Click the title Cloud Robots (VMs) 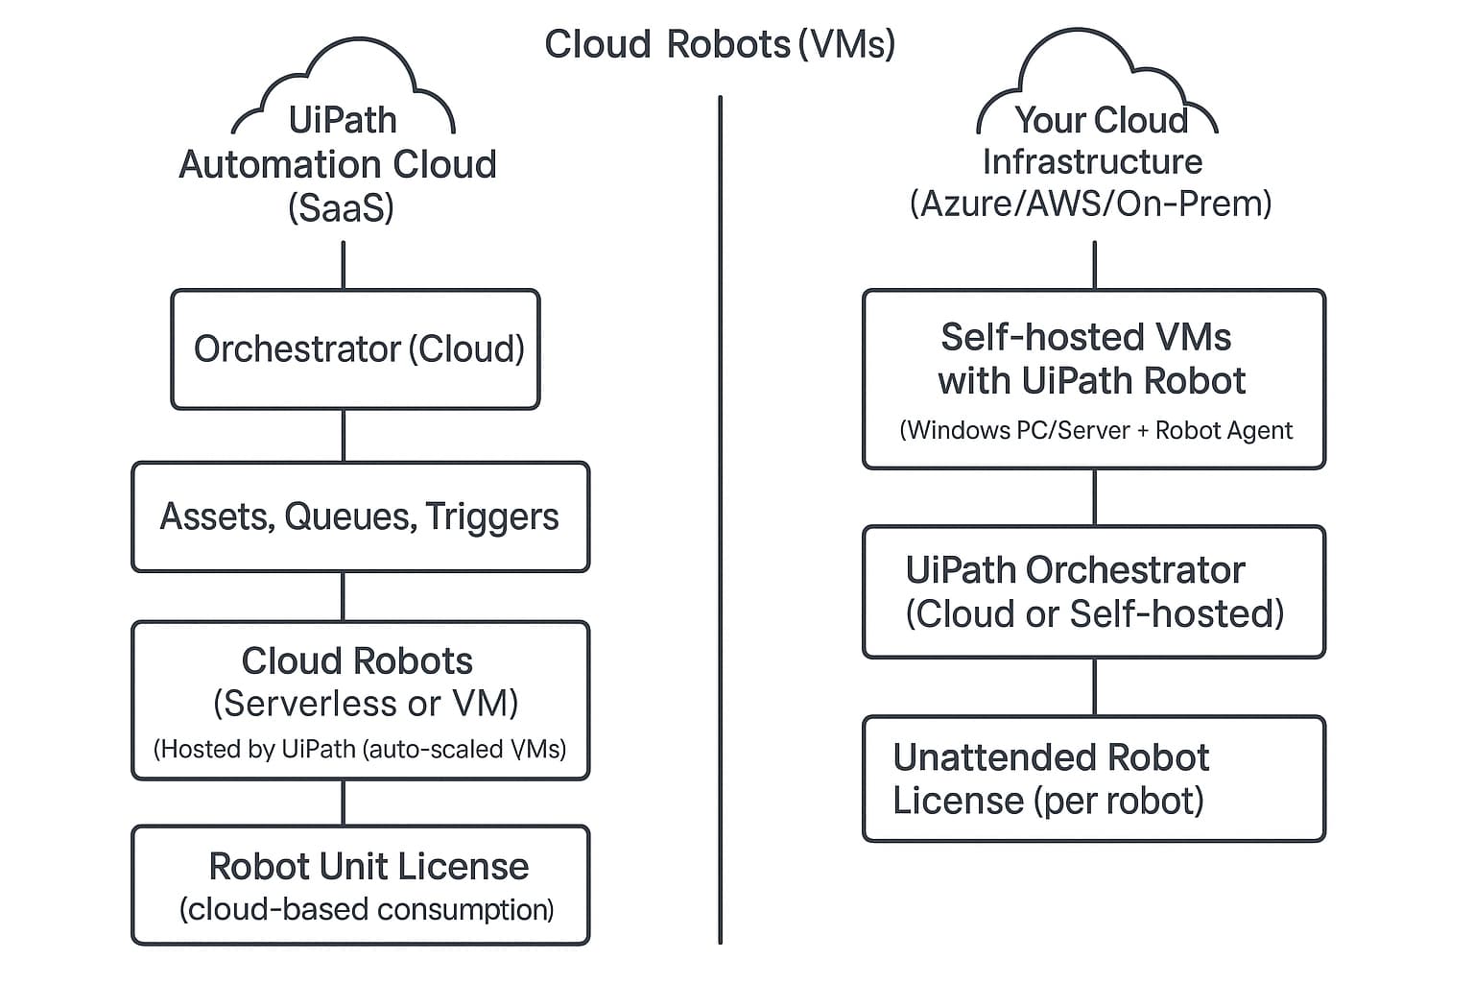720,44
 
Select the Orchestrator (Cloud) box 355,349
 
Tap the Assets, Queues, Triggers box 360,517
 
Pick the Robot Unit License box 360,885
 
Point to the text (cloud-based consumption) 367,909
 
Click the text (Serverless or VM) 366,704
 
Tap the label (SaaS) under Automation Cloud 341,208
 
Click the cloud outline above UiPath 343,67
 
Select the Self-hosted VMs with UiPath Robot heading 1091,359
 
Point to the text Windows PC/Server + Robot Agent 1096,430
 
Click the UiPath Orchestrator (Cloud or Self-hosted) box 1094,591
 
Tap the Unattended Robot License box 1094,779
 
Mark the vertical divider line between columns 720,518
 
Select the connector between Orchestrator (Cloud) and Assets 344,436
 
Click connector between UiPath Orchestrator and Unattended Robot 1095,686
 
